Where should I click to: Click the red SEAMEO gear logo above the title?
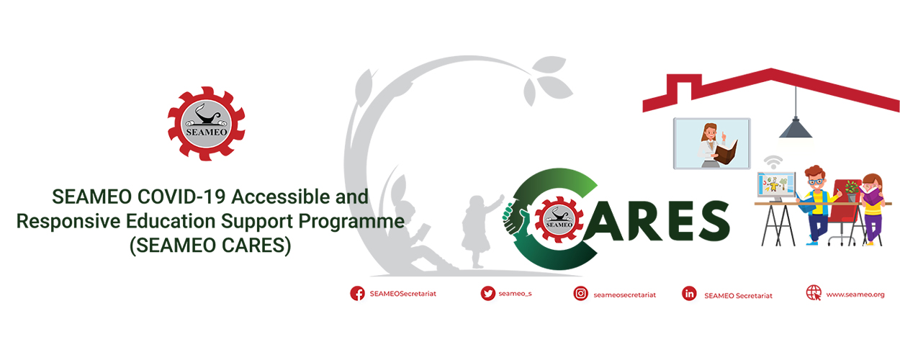[x=206, y=124]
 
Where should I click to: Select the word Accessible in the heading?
[x=281, y=197]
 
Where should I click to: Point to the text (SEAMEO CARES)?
[x=210, y=246]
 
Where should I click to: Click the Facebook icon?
[x=357, y=293]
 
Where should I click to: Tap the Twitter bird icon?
[x=487, y=293]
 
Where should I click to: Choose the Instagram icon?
[x=580, y=294]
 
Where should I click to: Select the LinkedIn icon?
[x=689, y=294]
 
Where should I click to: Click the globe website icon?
[x=814, y=293]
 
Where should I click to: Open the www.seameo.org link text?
[x=855, y=294]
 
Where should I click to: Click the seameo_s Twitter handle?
[x=515, y=294]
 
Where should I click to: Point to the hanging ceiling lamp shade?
[x=796, y=129]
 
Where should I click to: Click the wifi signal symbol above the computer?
[x=773, y=162]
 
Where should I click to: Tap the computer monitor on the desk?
[x=776, y=186]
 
